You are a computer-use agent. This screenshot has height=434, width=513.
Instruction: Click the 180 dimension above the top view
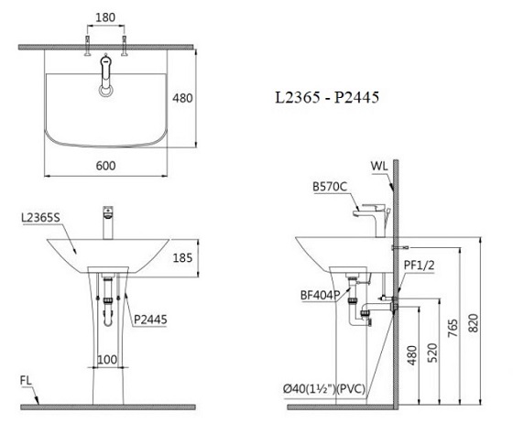(x=105, y=17)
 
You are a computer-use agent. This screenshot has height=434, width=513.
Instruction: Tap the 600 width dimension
(x=105, y=166)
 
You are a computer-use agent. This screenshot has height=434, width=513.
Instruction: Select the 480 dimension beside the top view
(x=182, y=98)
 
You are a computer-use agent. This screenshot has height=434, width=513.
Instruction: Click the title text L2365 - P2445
(x=327, y=97)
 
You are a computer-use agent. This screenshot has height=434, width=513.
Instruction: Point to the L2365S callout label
(x=40, y=218)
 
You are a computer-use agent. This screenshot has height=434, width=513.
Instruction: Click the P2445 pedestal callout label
(x=150, y=320)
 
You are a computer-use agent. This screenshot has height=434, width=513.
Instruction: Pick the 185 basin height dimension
(x=182, y=258)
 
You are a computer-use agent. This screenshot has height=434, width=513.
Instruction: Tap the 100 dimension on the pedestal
(x=107, y=360)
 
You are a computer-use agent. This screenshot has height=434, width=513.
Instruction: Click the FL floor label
(x=26, y=380)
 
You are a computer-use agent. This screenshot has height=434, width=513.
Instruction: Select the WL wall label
(x=379, y=166)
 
